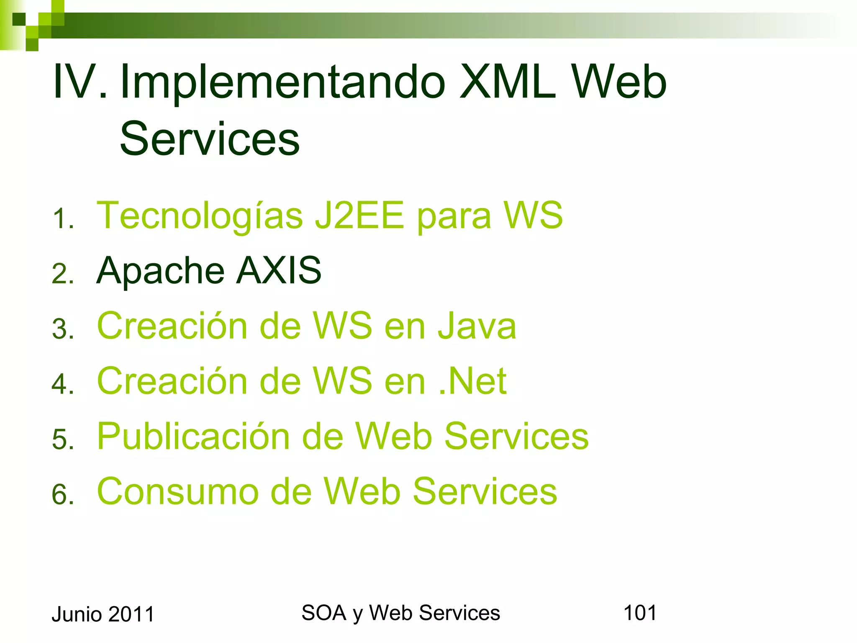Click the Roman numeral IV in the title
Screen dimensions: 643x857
[80, 82]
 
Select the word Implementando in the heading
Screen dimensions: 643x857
[283, 82]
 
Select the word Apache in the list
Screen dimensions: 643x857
[160, 271]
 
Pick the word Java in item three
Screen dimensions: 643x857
[477, 326]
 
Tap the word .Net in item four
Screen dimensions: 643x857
[473, 381]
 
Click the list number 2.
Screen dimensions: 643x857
[63, 274]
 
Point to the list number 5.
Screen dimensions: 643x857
[63, 440]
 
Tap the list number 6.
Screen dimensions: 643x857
[63, 494]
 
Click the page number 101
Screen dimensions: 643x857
[640, 613]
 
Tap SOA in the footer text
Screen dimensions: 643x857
[323, 613]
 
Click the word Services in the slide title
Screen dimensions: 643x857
[210, 138]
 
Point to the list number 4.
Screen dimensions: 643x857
[63, 384]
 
